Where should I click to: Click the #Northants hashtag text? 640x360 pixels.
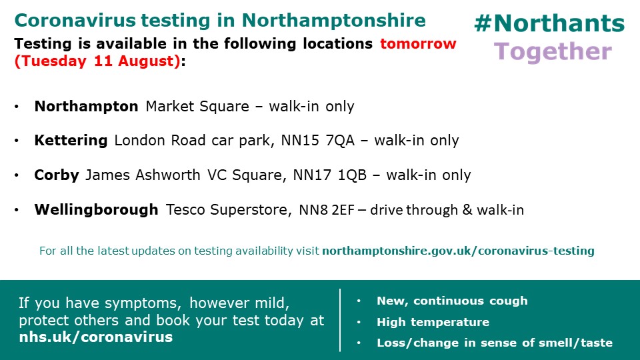coord(549,24)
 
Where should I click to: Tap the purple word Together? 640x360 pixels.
coord(553,51)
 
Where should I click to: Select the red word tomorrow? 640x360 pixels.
coord(418,44)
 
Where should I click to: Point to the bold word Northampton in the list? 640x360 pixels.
coord(87,106)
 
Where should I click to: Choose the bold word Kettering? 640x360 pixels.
coord(71,141)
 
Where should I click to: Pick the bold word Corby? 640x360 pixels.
coord(57,175)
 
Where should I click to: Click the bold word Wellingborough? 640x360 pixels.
coord(96,210)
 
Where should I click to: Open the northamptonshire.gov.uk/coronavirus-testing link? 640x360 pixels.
coord(458,251)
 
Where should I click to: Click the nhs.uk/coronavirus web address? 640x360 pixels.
coord(96,337)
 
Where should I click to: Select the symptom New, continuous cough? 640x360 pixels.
coord(452,301)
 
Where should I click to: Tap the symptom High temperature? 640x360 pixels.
coord(433,322)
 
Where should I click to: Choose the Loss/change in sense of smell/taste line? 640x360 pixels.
coord(494,343)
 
